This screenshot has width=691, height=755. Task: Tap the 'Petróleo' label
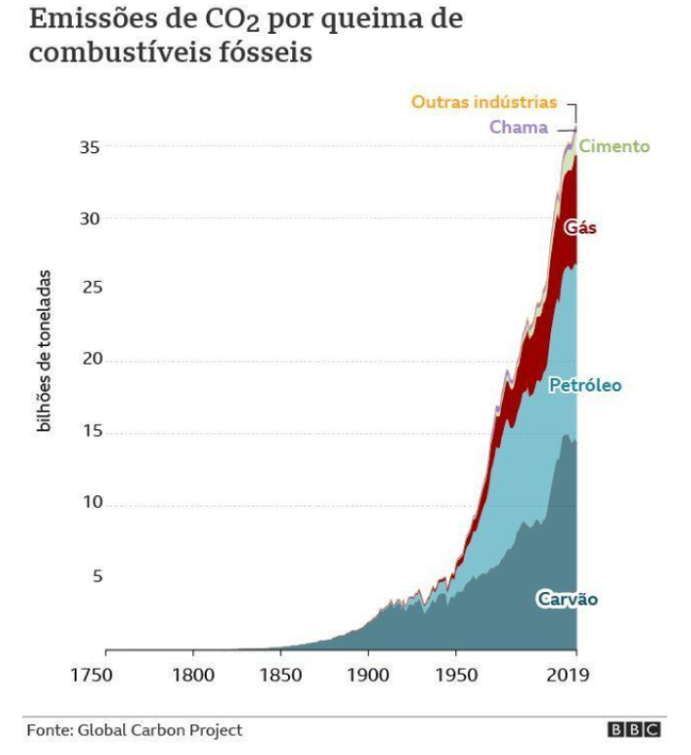point(585,386)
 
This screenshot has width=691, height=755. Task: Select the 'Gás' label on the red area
point(580,229)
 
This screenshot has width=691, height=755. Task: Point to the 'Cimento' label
point(614,146)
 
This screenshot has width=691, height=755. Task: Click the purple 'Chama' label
point(518,127)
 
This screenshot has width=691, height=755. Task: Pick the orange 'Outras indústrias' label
point(483,102)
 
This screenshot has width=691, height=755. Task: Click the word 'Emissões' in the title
point(85,20)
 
